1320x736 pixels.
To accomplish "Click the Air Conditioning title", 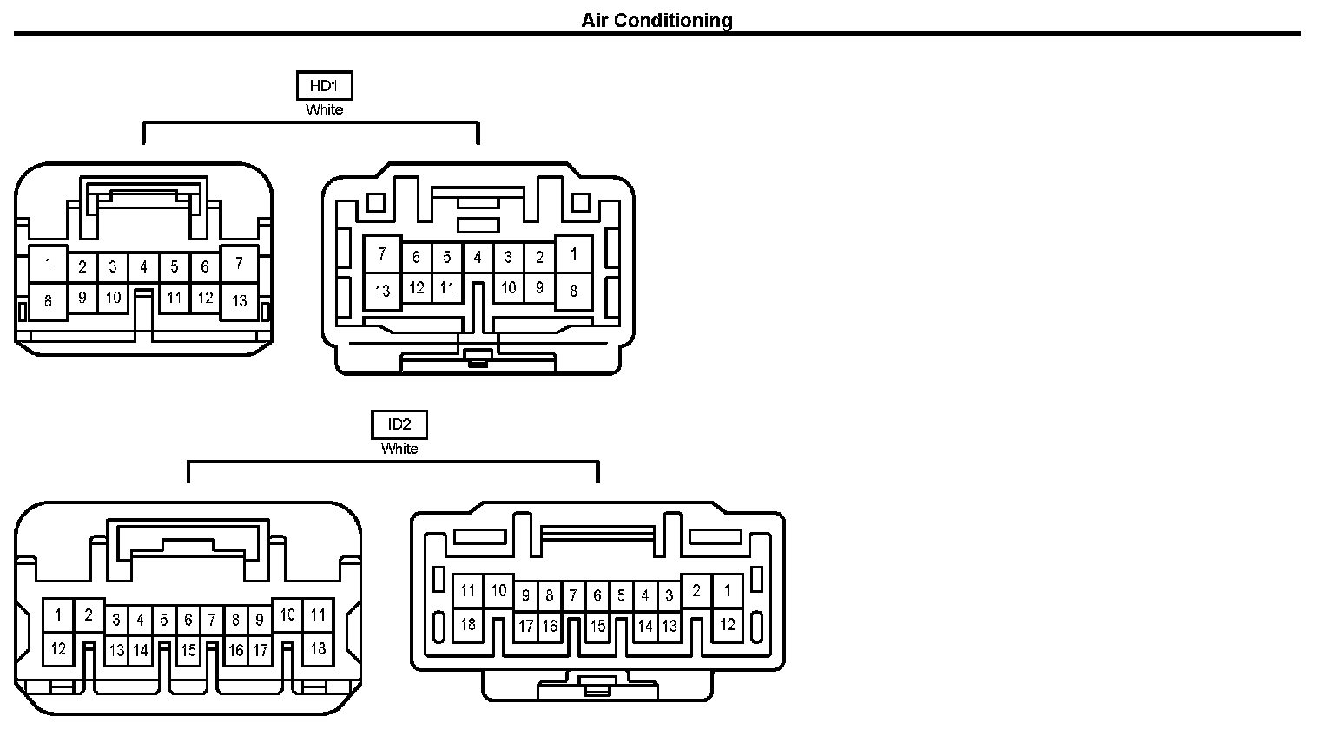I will [x=657, y=20].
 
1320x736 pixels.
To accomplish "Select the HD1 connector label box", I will [x=324, y=86].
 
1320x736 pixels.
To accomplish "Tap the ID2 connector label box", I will [x=399, y=424].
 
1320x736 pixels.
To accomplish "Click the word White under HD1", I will [x=324, y=110].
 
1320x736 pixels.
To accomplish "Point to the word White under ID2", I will [x=399, y=449].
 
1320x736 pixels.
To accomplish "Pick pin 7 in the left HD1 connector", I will [x=240, y=263].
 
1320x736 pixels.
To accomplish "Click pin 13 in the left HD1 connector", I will [x=240, y=301].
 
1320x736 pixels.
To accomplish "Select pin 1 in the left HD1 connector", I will [x=49, y=263].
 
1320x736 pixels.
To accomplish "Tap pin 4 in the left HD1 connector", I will [x=143, y=267].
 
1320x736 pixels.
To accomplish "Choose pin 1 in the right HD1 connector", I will [x=573, y=254].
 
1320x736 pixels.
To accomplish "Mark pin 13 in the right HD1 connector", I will [x=382, y=292].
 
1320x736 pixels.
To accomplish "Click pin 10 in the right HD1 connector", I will [x=509, y=287].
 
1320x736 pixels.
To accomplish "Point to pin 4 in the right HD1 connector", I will [x=478, y=257].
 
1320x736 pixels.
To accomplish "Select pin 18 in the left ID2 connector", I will [x=318, y=648].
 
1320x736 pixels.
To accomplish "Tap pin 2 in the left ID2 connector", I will [x=89, y=615].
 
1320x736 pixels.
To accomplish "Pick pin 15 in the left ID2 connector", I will [x=188, y=650].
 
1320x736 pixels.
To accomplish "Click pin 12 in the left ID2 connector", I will [x=58, y=648].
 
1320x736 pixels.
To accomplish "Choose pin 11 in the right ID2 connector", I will [x=468, y=591].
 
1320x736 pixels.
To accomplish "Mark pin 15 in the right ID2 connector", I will [x=597, y=626].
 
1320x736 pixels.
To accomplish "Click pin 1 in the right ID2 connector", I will [x=727, y=591].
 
